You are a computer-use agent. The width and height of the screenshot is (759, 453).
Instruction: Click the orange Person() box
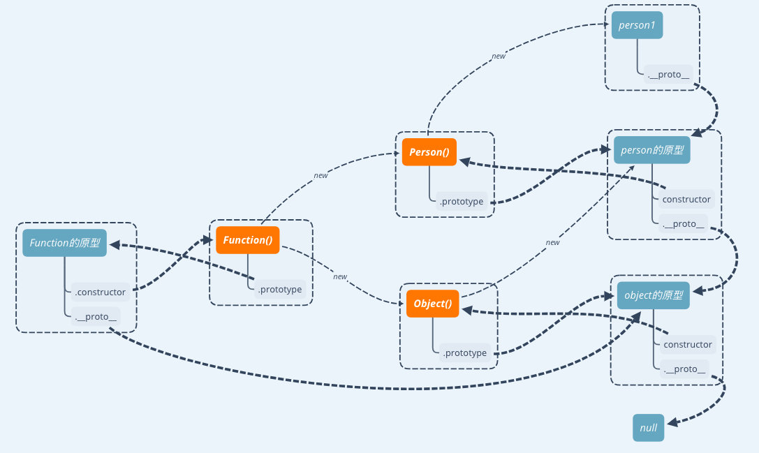pos(429,152)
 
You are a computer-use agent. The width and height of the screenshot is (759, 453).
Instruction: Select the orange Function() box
pos(248,240)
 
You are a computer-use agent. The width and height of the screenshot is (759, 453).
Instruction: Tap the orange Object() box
pos(433,304)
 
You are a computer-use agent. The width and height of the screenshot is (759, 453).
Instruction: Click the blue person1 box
pos(636,26)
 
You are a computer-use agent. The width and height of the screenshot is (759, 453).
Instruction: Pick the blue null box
pos(649,428)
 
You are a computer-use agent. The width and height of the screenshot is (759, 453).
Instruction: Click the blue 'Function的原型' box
pos(65,243)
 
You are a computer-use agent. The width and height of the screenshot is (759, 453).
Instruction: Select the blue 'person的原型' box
pos(652,150)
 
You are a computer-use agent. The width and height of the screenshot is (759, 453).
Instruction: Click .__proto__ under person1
pos(668,75)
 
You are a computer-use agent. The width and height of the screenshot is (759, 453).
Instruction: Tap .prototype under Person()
pos(462,202)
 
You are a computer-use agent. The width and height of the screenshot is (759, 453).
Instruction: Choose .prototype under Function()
pos(280,290)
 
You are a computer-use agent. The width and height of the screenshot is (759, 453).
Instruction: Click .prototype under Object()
pos(464,353)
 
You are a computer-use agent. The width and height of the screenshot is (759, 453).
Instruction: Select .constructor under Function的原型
pos(100,292)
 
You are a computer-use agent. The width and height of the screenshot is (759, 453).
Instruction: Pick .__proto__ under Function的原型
pos(96,317)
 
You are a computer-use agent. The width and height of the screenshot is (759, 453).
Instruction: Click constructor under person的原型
pos(686,200)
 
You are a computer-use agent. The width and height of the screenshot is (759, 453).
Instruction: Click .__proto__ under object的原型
pos(685,369)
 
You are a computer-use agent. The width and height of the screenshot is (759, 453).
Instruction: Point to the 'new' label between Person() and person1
pos(499,57)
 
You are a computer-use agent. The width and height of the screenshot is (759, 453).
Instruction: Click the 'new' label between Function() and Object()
pos(340,277)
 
